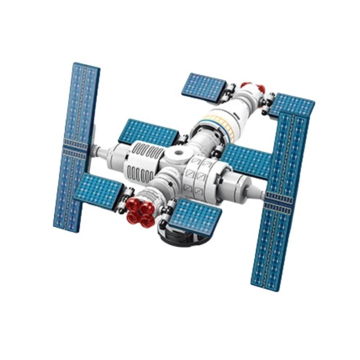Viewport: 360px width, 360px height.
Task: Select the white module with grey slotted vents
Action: click(x=140, y=162)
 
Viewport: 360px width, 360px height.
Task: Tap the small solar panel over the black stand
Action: click(x=196, y=216)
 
